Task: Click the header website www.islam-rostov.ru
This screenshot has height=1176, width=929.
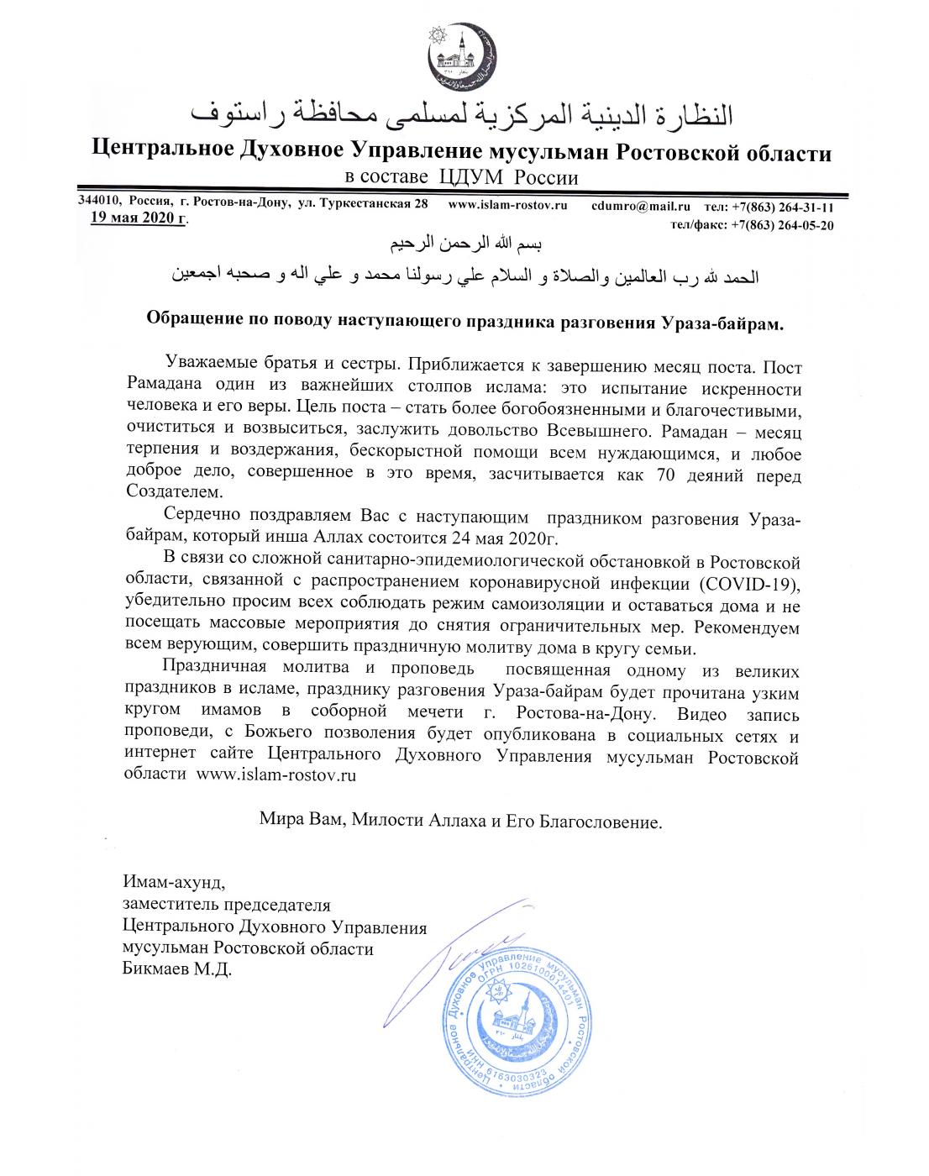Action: pyautogui.click(x=509, y=204)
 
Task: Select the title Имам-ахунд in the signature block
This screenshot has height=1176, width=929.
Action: pyautogui.click(x=174, y=883)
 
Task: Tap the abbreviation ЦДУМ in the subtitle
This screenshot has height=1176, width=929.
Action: pyautogui.click(x=471, y=176)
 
